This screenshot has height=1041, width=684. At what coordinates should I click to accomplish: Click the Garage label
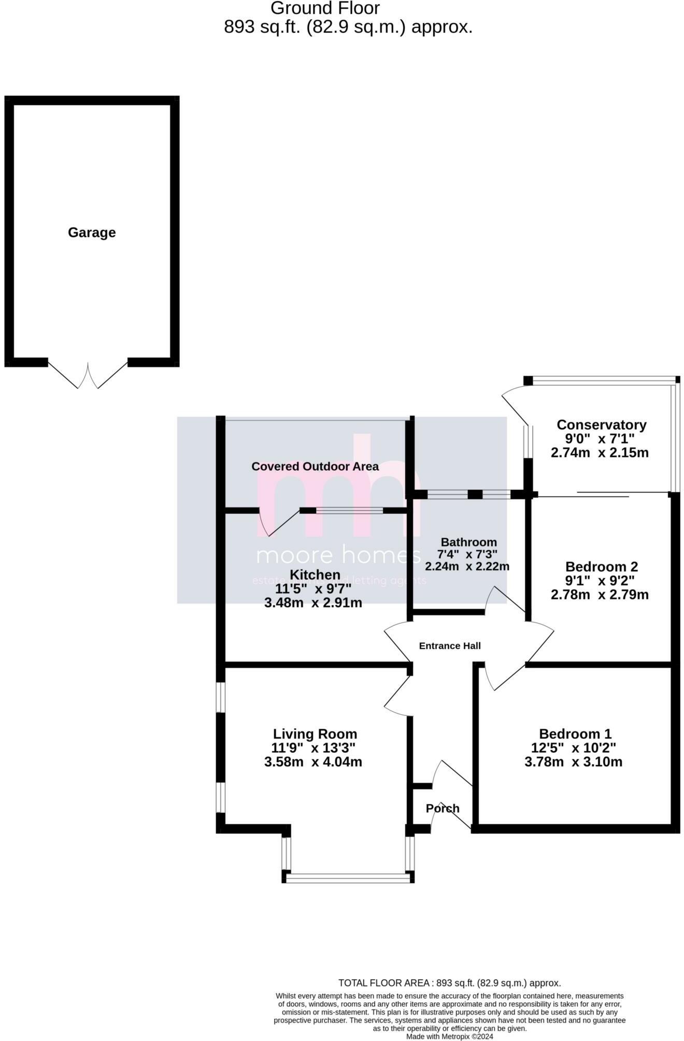[92, 233]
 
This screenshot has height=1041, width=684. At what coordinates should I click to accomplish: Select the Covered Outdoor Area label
[315, 467]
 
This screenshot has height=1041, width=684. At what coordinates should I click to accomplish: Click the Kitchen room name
[315, 574]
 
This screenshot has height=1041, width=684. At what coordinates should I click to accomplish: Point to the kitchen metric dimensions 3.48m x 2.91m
[313, 603]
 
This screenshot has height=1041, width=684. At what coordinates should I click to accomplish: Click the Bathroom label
[468, 542]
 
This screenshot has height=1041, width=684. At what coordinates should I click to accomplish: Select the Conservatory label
[601, 425]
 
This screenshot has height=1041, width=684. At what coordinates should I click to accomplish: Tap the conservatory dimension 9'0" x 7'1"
[600, 439]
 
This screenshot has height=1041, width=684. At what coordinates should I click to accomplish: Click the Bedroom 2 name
[601, 567]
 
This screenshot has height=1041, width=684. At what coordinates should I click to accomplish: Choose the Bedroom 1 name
[575, 734]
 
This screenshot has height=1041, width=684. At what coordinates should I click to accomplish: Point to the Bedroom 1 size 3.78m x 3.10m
[574, 762]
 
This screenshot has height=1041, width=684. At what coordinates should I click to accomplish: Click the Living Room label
[315, 734]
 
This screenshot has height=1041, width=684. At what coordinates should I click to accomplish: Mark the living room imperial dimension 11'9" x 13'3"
[313, 748]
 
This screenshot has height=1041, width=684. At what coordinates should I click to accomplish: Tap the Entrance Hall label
[450, 646]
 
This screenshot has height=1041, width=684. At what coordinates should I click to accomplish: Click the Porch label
[443, 809]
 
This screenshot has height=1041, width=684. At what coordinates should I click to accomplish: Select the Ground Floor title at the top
[325, 8]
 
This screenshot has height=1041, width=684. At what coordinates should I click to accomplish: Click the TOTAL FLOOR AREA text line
[449, 983]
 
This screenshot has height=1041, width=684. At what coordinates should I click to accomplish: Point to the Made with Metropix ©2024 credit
[449, 1037]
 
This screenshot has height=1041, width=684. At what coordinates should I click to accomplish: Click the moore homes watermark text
[338, 556]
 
